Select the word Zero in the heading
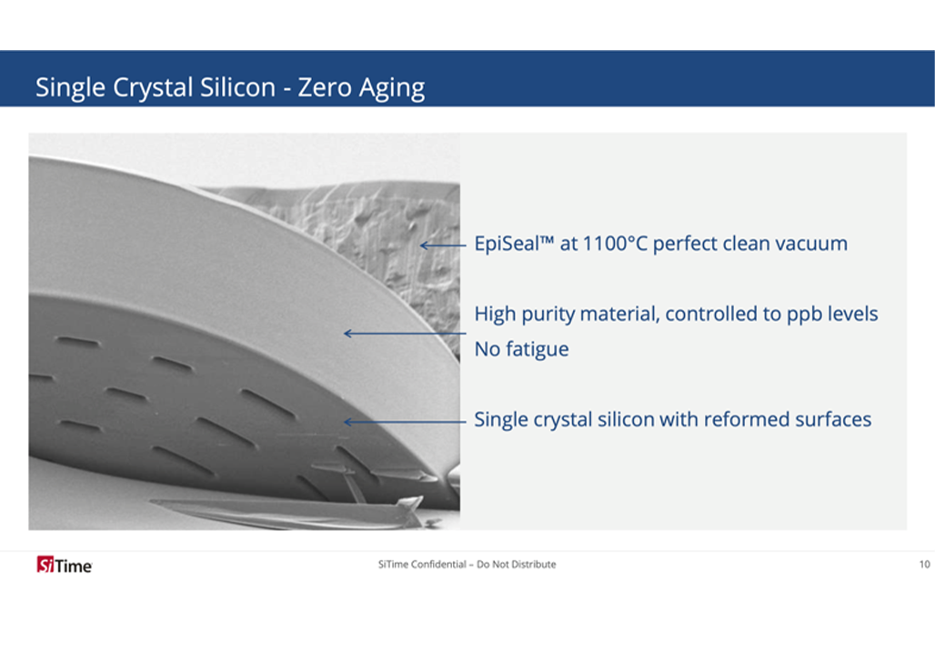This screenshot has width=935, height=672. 325,87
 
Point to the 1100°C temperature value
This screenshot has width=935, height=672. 614,244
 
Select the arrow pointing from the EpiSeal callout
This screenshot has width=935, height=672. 443,246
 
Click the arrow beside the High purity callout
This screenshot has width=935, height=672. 405,334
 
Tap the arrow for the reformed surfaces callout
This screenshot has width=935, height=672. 405,422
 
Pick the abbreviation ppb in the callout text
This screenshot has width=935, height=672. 804,316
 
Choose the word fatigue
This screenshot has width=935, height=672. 538,349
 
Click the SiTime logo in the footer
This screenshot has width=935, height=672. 65,564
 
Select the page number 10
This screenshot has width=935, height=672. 924,564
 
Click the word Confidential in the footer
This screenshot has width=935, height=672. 438,564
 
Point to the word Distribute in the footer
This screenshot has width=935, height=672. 533,564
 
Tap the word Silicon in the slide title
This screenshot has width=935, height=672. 237,87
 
